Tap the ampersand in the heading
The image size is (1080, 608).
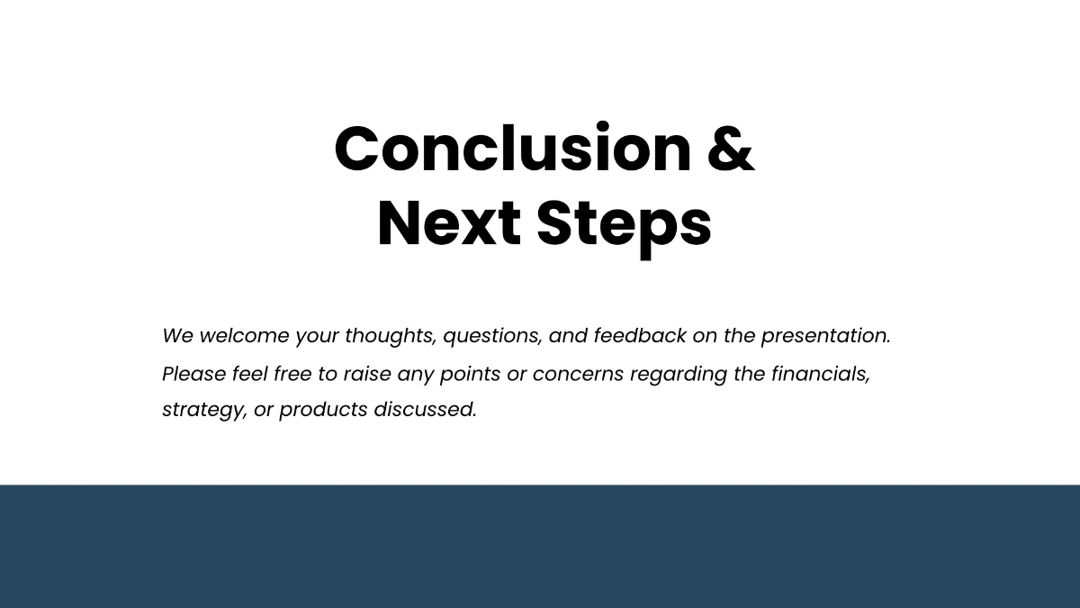tap(730, 149)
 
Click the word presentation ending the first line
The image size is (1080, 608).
tap(825, 336)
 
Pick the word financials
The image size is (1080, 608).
tap(820, 373)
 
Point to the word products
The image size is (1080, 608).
tap(323, 409)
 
